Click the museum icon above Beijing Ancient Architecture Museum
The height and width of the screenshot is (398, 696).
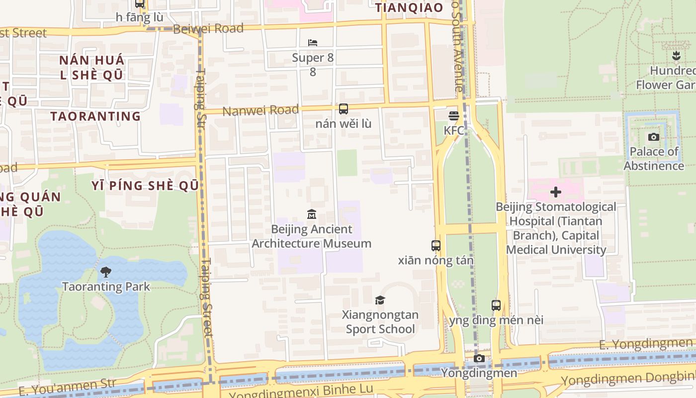pyautogui.click(x=312, y=214)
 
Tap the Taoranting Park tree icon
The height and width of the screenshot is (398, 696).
pyautogui.click(x=105, y=272)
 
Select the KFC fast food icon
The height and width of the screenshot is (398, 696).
pyautogui.click(x=453, y=116)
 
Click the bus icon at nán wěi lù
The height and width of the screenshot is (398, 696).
pyautogui.click(x=343, y=109)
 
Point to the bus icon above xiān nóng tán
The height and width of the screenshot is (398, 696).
pyautogui.click(x=436, y=245)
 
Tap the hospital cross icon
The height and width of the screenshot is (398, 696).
pyautogui.click(x=556, y=192)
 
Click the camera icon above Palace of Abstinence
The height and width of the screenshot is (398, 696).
pyautogui.click(x=654, y=137)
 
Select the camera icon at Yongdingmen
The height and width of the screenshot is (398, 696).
pyautogui.click(x=479, y=359)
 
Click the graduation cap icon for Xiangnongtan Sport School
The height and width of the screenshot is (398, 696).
pyautogui.click(x=380, y=300)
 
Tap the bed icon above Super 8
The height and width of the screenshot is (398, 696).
pyautogui.click(x=313, y=43)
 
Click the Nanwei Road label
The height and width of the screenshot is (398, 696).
pyautogui.click(x=261, y=110)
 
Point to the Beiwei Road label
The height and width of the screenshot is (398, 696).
pyautogui.click(x=208, y=28)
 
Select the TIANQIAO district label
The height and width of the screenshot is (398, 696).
pyautogui.click(x=409, y=7)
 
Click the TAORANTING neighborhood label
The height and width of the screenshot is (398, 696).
pyautogui.click(x=95, y=116)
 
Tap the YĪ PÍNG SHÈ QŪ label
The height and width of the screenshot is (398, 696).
pyautogui.click(x=145, y=186)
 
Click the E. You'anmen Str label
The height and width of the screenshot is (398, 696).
pyautogui.click(x=67, y=387)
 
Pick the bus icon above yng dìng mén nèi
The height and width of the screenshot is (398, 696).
pyautogui.click(x=496, y=305)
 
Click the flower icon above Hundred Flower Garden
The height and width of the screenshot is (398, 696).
pyautogui.click(x=676, y=56)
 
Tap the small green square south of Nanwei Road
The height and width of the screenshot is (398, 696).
pyautogui.click(x=347, y=163)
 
